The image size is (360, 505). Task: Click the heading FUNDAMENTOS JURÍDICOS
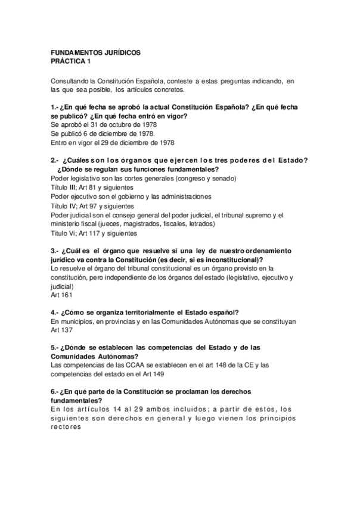click(x=95, y=53)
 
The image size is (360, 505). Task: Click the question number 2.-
click(x=55, y=161)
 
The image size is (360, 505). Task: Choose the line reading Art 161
click(x=62, y=295)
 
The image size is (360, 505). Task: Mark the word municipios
click(x=75, y=322)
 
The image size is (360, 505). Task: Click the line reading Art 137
click(x=62, y=331)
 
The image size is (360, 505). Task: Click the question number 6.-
click(x=55, y=392)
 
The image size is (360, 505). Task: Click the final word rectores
click(x=69, y=427)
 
